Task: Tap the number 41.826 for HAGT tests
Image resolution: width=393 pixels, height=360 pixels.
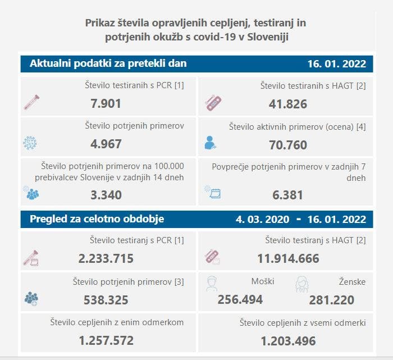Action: [288, 103]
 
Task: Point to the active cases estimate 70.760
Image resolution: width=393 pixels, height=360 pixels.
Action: [288, 145]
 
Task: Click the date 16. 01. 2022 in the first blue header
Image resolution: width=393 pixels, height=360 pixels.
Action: [336, 64]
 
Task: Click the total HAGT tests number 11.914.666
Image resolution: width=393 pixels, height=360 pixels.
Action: [288, 258]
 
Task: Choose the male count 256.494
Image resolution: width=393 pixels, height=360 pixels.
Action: [240, 299]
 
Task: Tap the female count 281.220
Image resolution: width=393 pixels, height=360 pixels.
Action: [331, 300]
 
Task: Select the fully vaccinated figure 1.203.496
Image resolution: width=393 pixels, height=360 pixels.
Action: [288, 340]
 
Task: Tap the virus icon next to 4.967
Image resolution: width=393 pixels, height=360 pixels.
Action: [30, 143]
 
